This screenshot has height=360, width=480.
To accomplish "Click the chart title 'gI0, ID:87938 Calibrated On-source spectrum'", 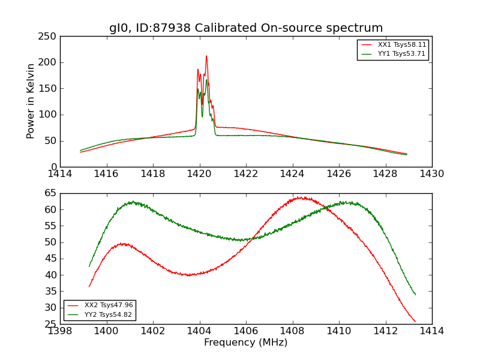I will click(246, 28).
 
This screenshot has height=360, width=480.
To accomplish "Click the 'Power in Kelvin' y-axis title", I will click(31, 101).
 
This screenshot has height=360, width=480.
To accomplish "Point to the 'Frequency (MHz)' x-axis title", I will click(246, 343).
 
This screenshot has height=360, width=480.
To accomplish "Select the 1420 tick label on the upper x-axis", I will click(199, 174).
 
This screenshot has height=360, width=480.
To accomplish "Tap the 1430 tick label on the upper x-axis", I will click(431, 174).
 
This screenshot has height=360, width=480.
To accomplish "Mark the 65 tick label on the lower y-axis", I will click(50, 193).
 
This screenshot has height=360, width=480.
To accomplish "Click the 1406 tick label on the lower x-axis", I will click(245, 331).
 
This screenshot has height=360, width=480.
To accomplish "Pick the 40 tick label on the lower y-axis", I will click(50, 275).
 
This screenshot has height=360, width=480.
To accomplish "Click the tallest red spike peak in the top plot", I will click(206, 56).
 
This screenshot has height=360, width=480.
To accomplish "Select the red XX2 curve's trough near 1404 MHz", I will click(190, 275).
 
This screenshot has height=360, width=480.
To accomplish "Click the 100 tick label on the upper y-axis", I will click(47, 115).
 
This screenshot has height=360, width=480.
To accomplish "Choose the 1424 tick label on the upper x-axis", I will click(292, 174).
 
